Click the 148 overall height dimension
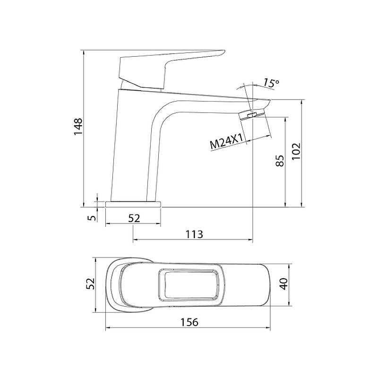[x=78, y=127]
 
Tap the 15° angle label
[x=271, y=83]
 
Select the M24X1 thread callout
[x=226, y=141]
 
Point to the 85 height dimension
[x=280, y=161]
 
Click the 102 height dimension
[x=296, y=151]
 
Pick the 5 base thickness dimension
[x=91, y=218]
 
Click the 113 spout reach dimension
[x=194, y=234]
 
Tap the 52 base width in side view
[x=134, y=218]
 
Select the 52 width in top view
[x=90, y=283]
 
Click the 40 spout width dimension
[x=284, y=284]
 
